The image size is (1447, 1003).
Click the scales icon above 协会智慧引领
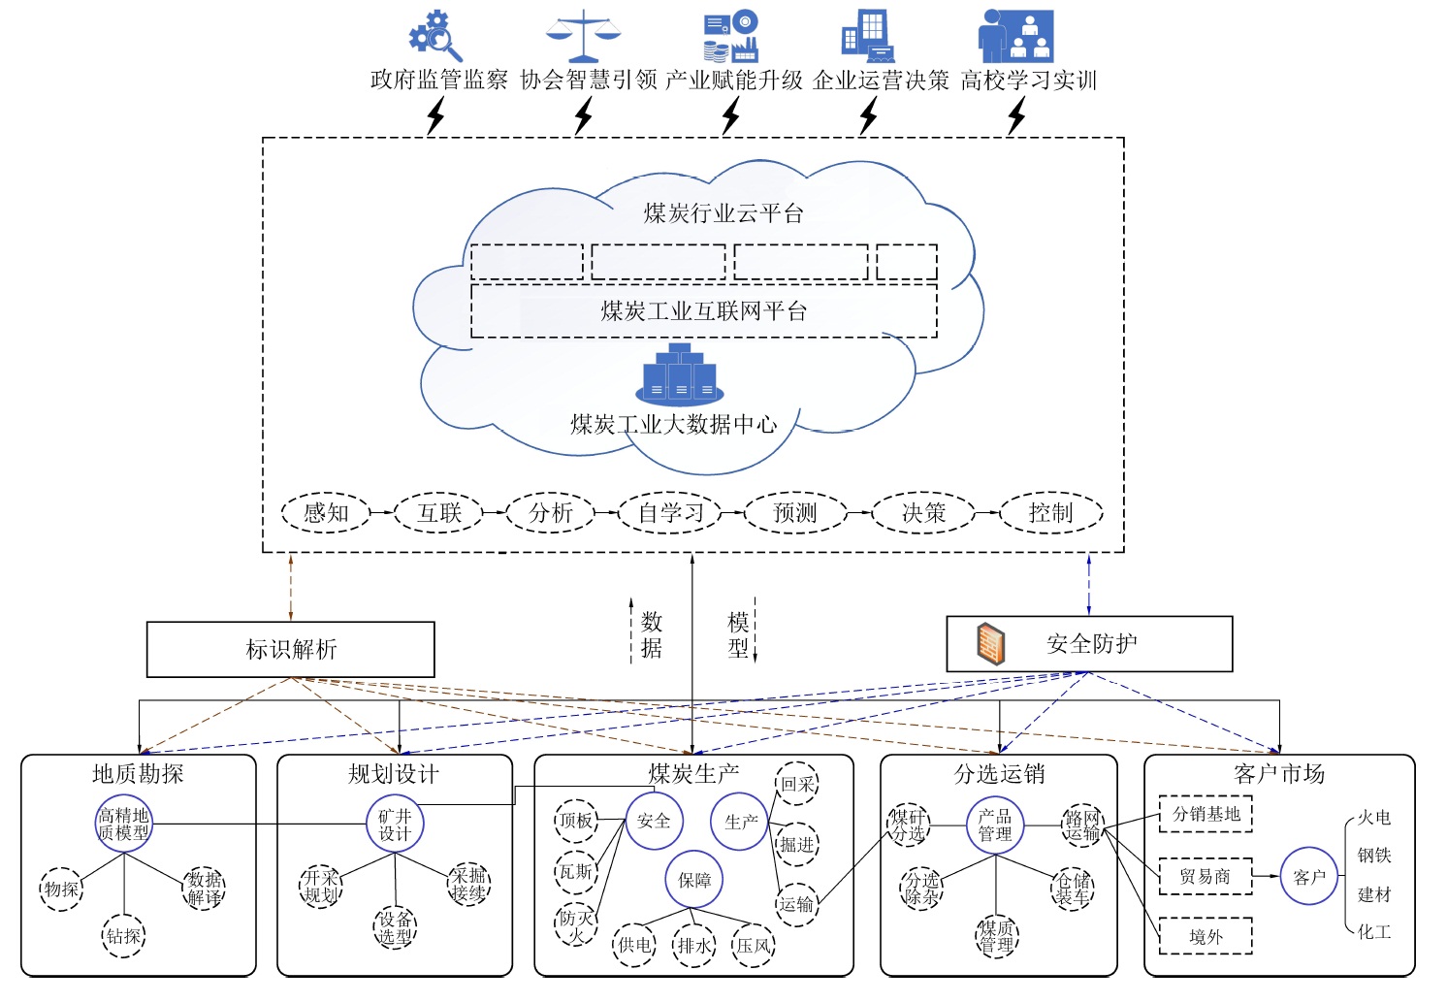point(583,37)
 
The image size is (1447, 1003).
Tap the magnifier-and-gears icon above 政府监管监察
point(434,37)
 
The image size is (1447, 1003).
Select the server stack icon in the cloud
point(680,374)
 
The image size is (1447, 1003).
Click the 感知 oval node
point(326,513)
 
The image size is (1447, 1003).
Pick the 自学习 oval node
point(670,513)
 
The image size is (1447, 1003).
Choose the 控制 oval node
point(1051,513)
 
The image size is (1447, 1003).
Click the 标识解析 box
point(290,649)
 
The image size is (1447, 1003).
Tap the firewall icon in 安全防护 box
point(990,644)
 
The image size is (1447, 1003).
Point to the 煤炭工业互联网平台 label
point(704,311)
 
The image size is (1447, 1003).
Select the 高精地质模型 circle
point(124,825)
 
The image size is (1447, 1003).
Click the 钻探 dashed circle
point(124,936)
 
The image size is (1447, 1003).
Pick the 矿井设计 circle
point(395,825)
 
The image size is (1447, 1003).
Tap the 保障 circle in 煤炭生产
point(693,880)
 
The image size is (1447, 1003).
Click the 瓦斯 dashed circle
point(576,871)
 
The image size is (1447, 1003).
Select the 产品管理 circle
point(995,825)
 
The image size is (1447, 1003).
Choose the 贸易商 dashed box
point(1206,877)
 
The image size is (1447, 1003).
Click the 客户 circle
point(1309,877)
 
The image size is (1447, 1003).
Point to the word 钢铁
point(1374,856)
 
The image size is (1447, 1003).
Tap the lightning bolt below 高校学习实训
point(1016,116)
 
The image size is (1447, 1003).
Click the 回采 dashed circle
point(797,784)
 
